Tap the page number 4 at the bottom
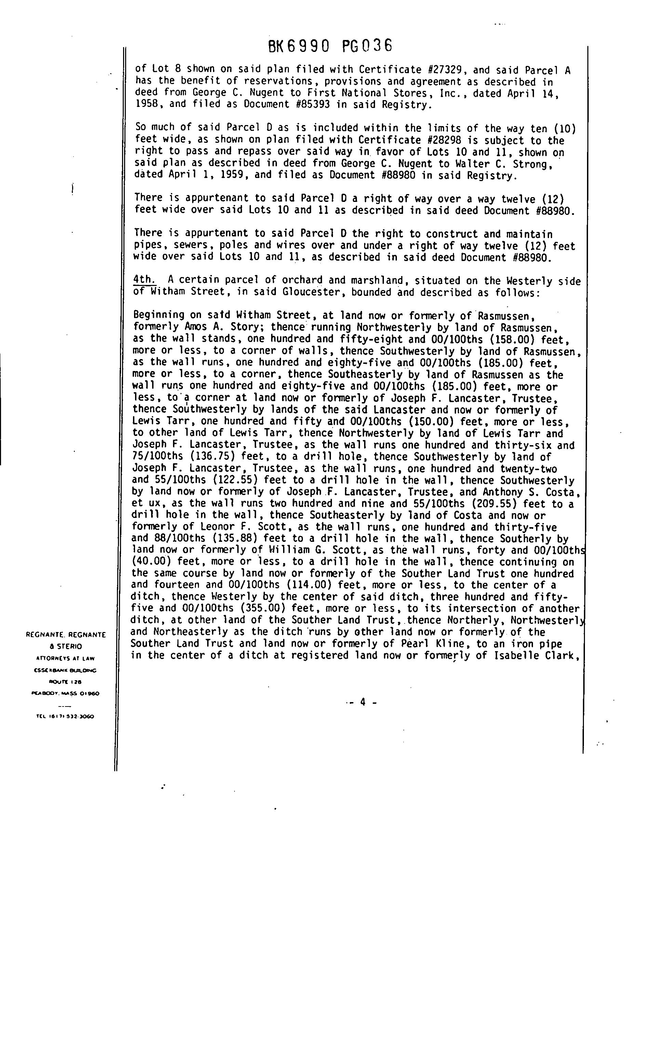(x=362, y=702)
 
